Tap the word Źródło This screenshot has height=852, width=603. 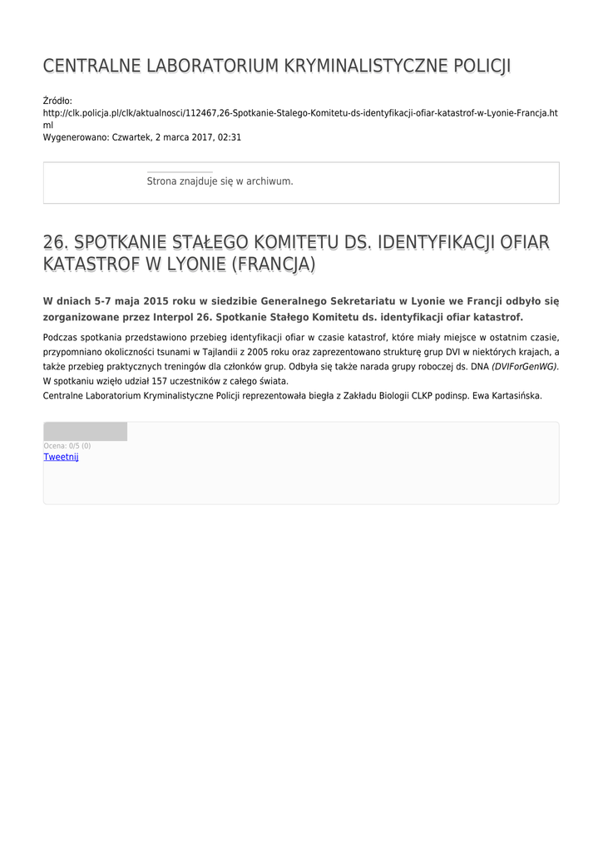(x=57, y=101)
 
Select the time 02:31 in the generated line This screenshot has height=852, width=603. (x=230, y=137)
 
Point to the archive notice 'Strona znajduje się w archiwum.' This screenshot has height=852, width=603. (x=220, y=181)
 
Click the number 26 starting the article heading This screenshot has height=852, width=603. (x=54, y=242)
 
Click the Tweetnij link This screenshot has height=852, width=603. (x=61, y=457)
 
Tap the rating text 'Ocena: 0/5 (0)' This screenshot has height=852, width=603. (x=67, y=446)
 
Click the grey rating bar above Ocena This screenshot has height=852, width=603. (x=85, y=431)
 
